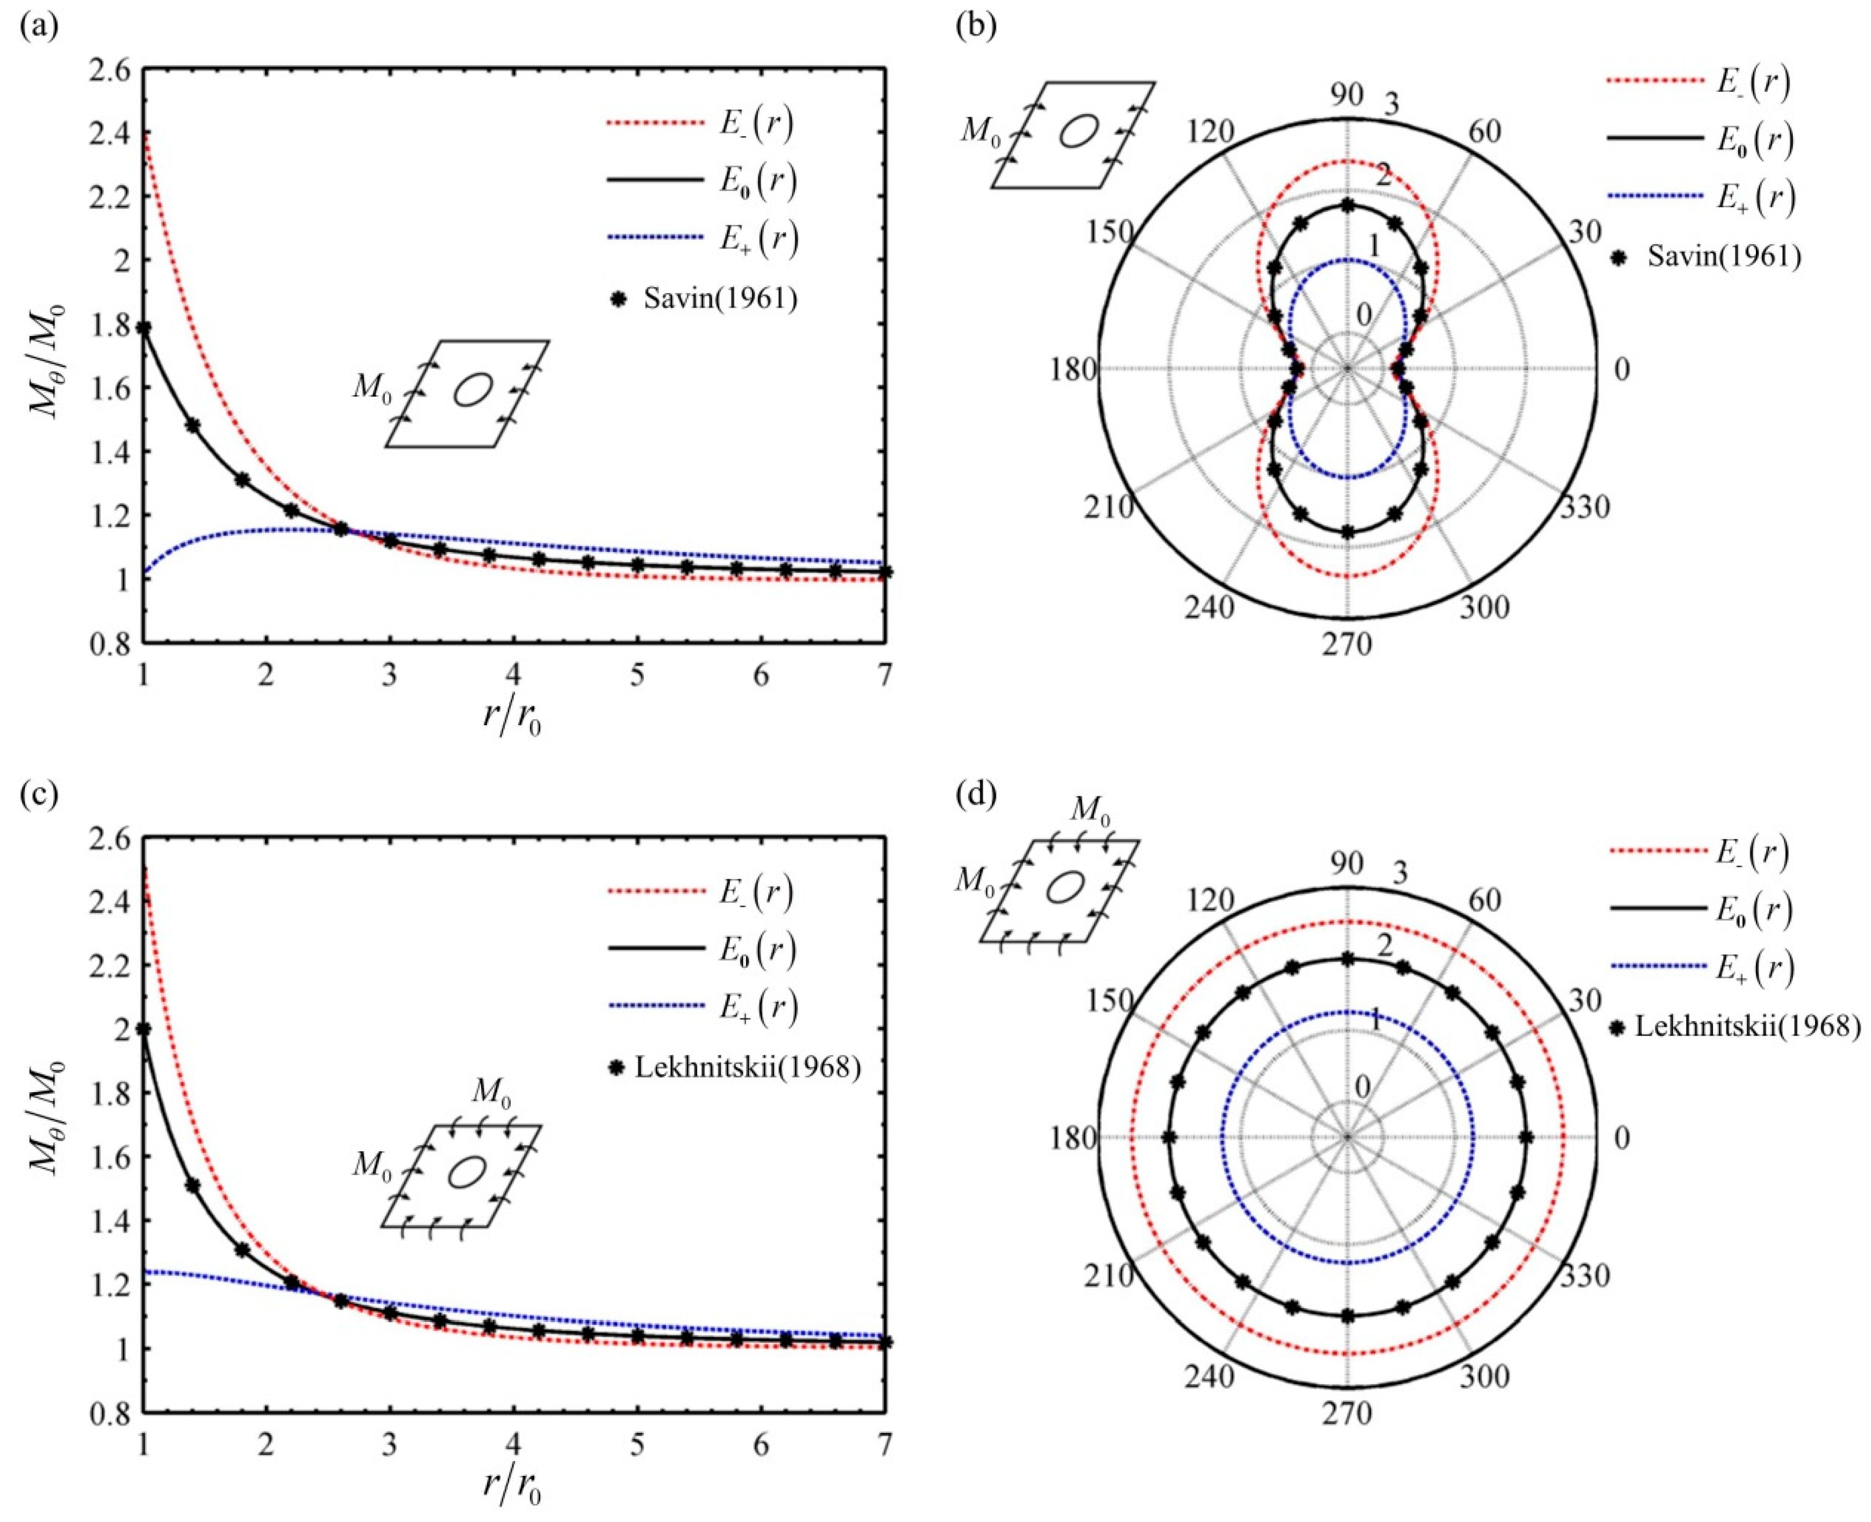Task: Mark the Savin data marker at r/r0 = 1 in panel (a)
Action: pyautogui.click(x=144, y=328)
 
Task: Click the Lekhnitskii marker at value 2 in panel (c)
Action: pyautogui.click(x=144, y=1029)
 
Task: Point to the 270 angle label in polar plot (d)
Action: pyautogui.click(x=1348, y=1413)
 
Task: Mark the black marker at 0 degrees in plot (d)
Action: pyautogui.click(x=1526, y=1137)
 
